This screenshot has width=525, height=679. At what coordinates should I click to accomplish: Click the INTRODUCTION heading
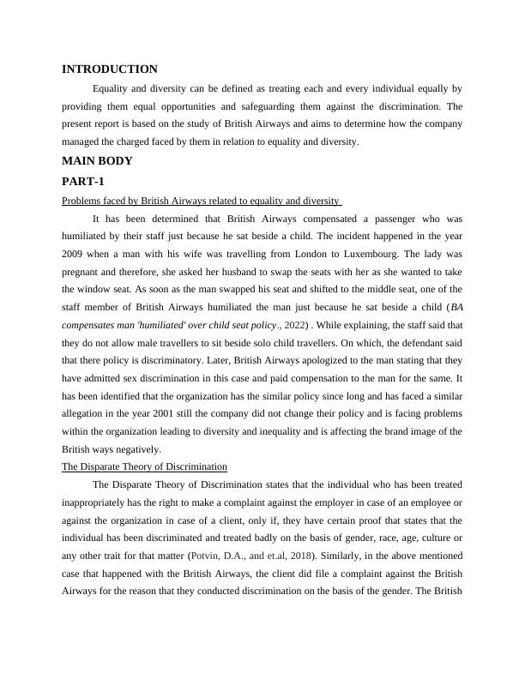click(x=110, y=69)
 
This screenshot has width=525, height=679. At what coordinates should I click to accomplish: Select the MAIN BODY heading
click(x=97, y=161)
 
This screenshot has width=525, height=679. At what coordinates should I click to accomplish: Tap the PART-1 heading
click(x=83, y=182)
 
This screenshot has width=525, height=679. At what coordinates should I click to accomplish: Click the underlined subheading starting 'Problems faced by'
click(x=201, y=201)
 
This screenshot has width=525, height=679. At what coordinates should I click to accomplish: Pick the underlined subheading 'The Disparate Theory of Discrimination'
click(x=144, y=466)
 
